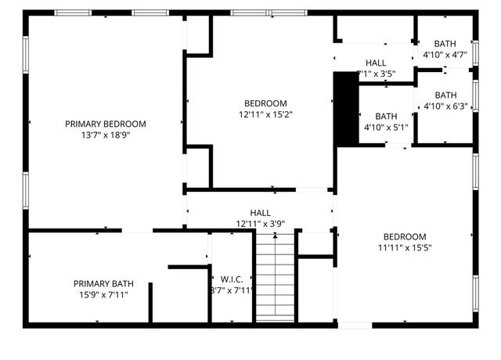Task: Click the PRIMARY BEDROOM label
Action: coord(106,124)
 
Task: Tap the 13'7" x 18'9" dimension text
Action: coord(106,135)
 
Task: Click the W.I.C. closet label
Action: coord(231,279)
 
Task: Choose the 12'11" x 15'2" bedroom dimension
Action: coord(265,114)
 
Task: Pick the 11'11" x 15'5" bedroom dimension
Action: coord(405,248)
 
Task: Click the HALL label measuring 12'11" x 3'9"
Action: coord(260,213)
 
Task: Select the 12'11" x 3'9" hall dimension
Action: coord(260,224)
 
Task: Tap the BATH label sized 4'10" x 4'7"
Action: coord(445,44)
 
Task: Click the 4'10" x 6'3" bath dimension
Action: coord(445,106)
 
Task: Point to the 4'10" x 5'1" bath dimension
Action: coord(386,127)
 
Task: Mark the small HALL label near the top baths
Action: coord(376,63)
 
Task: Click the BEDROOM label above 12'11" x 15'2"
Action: coord(265,103)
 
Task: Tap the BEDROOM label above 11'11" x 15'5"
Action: coord(405,237)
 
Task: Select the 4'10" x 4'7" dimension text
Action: coord(445,55)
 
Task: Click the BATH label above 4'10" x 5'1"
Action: coord(386,116)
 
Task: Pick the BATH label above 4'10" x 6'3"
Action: coord(445,95)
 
